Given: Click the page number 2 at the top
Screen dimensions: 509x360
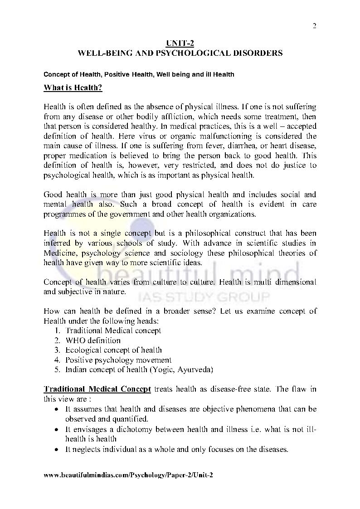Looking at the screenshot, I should [314, 25].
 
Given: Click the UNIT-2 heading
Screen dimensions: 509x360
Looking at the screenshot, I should [180, 43].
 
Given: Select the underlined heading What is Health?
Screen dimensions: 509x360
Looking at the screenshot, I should [73, 88].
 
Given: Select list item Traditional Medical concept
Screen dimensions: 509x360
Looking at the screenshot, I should [113, 330].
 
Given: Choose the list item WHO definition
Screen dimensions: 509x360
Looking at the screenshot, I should [93, 340].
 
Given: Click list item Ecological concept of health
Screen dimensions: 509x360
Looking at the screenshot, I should [113, 350].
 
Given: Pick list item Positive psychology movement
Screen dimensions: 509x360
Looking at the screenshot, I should [118, 360].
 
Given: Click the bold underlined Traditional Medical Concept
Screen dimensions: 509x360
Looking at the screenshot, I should [97, 389].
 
